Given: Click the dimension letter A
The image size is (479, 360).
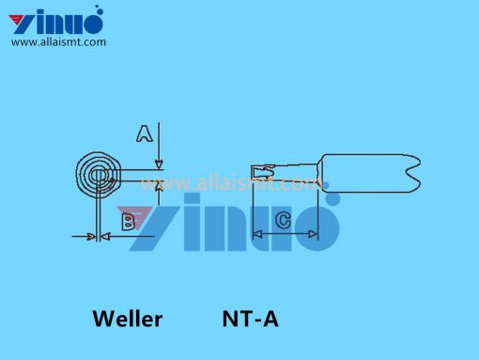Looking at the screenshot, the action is pos(145,133).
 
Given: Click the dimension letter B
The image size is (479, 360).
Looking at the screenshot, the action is pos(129,222).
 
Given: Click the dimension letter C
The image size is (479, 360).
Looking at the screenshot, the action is pos(284,220).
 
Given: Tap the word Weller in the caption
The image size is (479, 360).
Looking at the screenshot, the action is pos(128,319).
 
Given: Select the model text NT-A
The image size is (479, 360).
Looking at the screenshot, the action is pos(250,319).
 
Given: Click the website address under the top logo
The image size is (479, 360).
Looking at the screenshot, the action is pos(58,42).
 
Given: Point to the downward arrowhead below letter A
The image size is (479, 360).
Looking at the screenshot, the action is pos(159,164).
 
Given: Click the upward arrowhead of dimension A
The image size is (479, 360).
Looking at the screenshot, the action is pos(159,185).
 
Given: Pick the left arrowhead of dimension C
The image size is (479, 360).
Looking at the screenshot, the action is pos(257,234).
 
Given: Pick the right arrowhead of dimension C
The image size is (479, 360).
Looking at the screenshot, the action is pos(313,234).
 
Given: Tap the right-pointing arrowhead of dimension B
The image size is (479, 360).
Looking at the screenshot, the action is pos(91,237).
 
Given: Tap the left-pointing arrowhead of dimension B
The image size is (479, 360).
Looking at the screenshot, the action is pos(105,237).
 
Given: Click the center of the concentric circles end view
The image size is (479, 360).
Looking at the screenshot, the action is pos(98,176).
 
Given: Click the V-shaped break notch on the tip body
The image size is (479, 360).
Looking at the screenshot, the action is pos(413,173).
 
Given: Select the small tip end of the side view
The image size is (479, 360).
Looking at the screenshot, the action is pos(263,172).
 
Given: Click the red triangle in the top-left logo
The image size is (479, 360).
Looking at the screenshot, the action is pos(18,20).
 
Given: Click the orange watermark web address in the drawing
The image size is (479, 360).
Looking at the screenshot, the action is pos(230,184).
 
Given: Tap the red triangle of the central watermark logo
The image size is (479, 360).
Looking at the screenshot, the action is pos(134,215).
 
